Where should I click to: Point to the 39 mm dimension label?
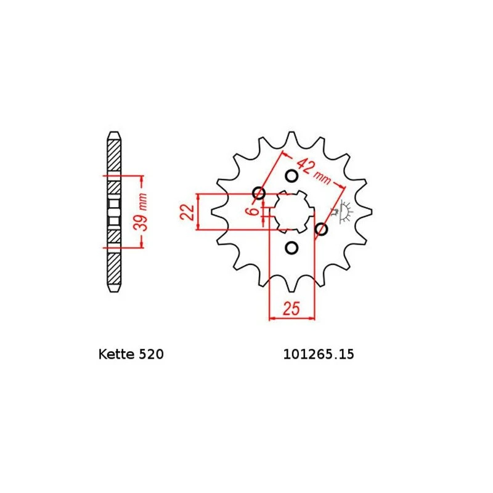(141, 211)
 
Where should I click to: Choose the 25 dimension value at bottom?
(291, 308)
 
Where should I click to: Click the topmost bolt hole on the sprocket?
(292, 176)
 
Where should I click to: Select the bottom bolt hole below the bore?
(292, 248)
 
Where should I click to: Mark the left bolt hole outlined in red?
(259, 194)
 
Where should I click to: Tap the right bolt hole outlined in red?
(320, 230)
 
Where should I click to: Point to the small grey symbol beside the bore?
(343, 211)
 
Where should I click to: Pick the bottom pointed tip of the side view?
(114, 289)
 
